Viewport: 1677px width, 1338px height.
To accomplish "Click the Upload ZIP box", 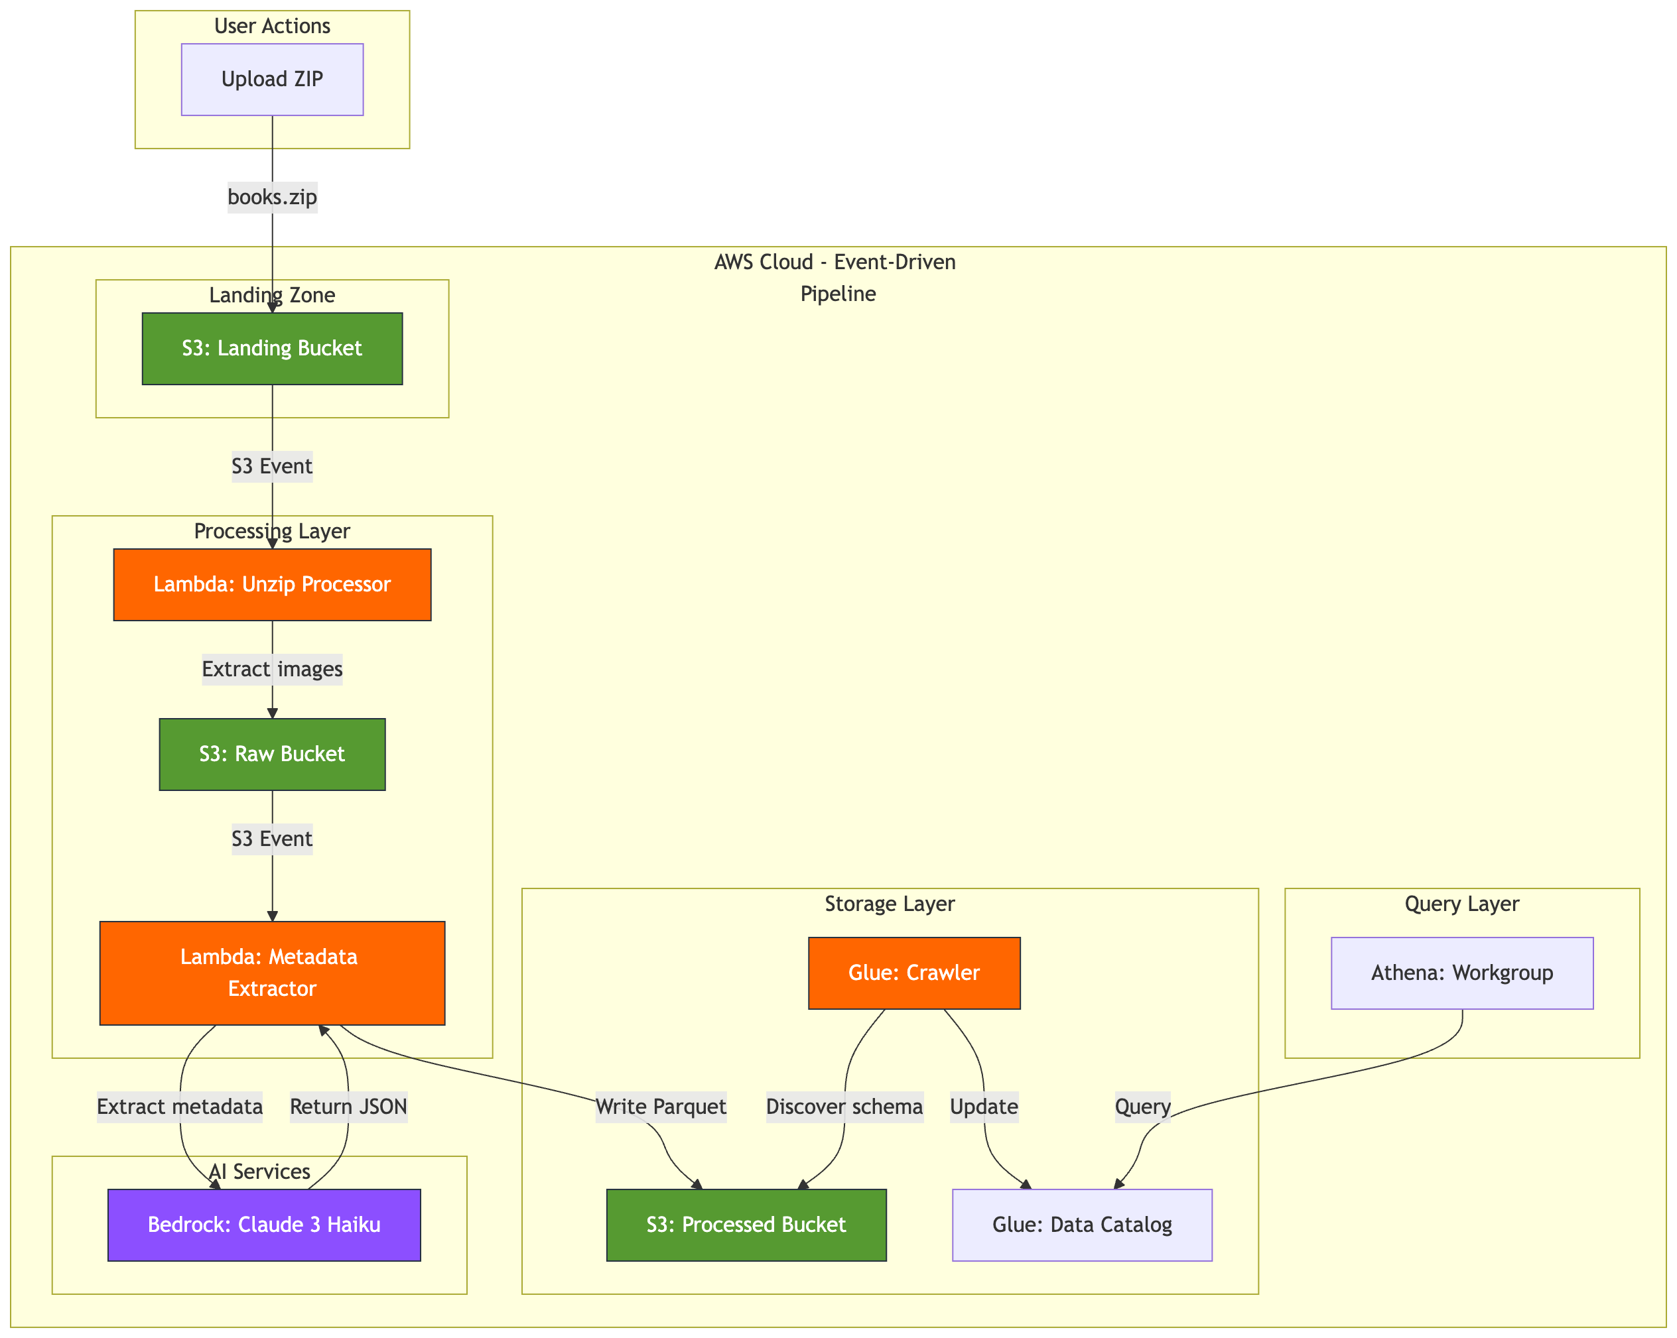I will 272,80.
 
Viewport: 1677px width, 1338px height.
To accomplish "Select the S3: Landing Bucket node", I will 272,348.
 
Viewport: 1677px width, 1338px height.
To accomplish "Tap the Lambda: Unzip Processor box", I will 272,585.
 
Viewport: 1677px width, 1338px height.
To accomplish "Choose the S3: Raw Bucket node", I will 272,754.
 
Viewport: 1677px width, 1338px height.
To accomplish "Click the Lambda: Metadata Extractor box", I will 272,973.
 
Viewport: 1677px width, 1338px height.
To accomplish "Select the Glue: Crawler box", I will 914,973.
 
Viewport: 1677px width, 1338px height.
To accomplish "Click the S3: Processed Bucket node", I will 746,1225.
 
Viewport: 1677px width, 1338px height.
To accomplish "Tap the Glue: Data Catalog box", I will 1082,1225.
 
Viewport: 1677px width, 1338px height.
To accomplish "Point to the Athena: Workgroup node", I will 1461,973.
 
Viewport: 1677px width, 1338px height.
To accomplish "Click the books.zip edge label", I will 272,198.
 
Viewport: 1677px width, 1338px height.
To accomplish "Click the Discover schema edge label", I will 844,1107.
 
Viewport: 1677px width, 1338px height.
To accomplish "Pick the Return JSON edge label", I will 348,1107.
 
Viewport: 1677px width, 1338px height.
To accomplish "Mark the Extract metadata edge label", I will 180,1107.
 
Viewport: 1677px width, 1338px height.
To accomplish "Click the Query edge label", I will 1142,1107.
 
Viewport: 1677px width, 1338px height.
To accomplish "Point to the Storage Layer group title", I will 889,904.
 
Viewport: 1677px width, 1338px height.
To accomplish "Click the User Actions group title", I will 272,27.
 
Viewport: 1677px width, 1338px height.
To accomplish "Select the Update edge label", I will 984,1107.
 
